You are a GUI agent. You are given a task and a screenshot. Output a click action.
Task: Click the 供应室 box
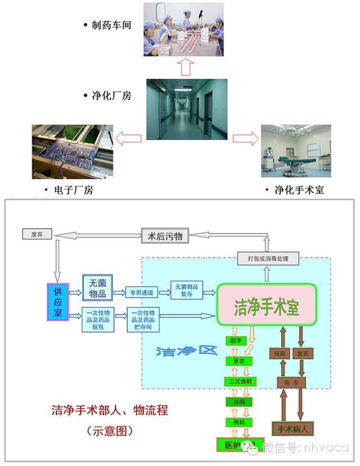coord(57,302)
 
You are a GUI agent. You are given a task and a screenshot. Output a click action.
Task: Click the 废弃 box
coord(37,234)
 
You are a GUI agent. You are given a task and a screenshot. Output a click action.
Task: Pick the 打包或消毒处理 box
coord(268,258)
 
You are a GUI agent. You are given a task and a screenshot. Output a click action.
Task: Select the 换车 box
coord(291,382)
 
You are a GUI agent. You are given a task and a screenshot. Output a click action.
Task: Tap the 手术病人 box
coord(292,429)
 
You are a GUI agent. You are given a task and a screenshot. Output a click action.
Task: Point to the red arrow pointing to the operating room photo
coord(242,138)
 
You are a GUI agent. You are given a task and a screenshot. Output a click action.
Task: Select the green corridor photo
coord(187,109)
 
